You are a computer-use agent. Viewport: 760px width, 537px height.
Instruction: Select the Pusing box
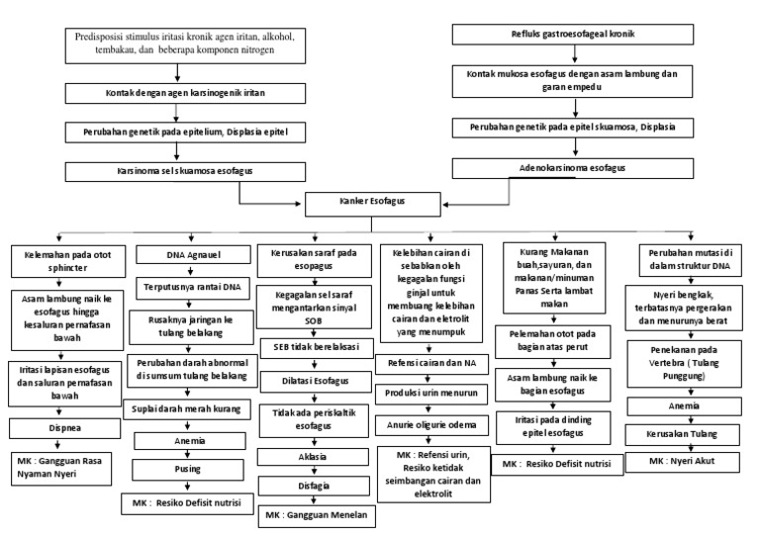188,469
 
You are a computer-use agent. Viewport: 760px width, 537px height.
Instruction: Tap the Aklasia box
314,457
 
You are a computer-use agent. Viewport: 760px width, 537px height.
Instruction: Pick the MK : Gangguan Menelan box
314,514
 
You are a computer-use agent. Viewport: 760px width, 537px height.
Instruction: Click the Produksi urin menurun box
438,393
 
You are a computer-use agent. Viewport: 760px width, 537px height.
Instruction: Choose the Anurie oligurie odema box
438,425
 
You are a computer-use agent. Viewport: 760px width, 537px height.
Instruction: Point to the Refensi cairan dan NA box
438,363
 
